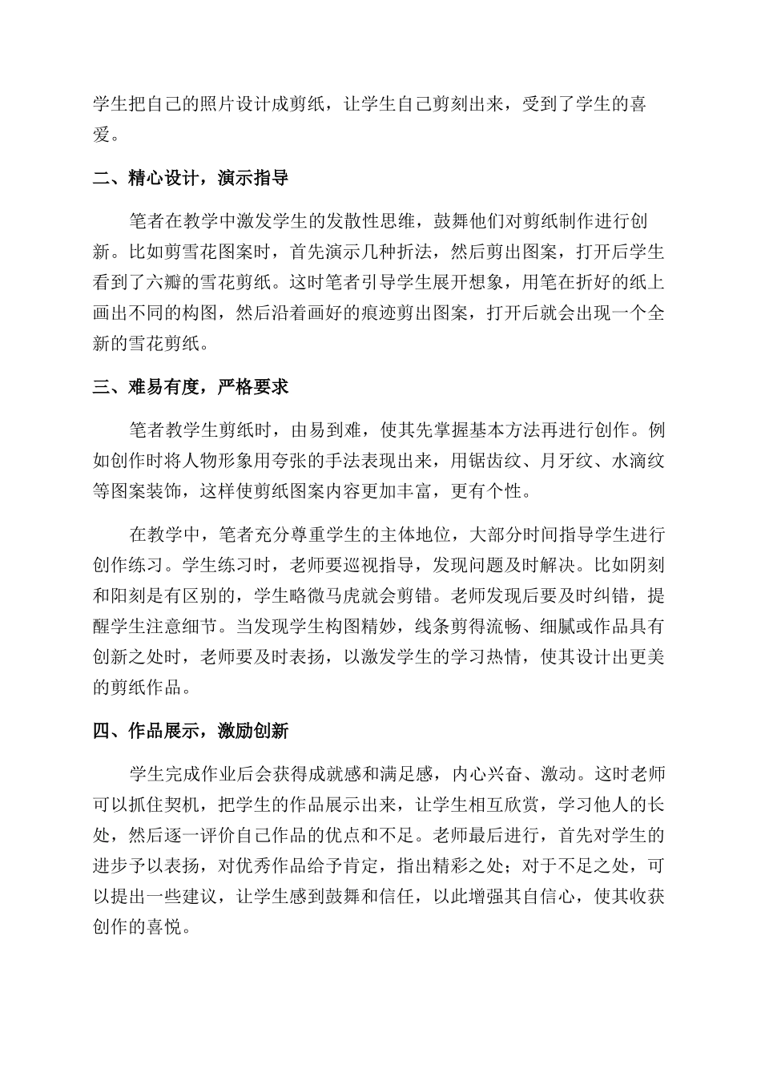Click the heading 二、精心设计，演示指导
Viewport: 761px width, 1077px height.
191,178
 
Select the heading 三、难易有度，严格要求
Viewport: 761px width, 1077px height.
191,388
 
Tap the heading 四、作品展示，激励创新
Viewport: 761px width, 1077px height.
191,731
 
